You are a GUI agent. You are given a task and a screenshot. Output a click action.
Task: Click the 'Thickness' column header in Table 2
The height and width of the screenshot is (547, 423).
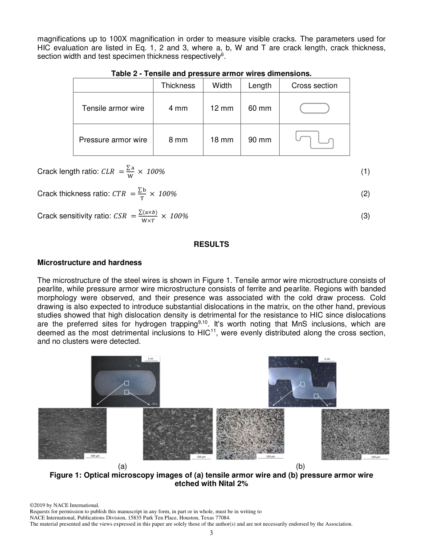pyautogui.click(x=178, y=85)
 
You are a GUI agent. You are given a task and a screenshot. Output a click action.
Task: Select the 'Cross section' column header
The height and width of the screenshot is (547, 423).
pyautogui.click(x=314, y=85)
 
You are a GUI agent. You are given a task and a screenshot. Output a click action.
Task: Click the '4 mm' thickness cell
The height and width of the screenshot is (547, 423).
pyautogui.click(x=178, y=108)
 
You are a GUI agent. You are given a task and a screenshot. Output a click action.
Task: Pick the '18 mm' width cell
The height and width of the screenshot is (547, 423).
pyautogui.click(x=222, y=140)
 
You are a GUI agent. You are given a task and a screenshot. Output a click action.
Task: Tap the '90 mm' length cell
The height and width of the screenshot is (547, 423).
pyautogui.click(x=260, y=140)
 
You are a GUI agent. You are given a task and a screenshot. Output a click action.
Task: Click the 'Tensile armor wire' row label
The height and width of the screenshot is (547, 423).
pyautogui.click(x=113, y=108)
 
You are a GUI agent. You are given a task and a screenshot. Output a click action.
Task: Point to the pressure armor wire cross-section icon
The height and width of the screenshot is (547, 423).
pyautogui.click(x=314, y=140)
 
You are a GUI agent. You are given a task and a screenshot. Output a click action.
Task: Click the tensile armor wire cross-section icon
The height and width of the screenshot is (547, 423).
pyautogui.click(x=314, y=108)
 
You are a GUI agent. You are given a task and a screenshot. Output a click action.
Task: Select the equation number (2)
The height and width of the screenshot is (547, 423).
pyautogui.click(x=365, y=194)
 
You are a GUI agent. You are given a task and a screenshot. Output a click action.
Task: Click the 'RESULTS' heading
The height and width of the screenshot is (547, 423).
pyautogui.click(x=211, y=244)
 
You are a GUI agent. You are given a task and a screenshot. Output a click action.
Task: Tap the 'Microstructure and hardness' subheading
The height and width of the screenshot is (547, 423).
pyautogui.click(x=89, y=262)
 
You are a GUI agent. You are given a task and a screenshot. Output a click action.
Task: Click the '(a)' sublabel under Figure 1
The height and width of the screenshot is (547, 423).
pyautogui.click(x=122, y=466)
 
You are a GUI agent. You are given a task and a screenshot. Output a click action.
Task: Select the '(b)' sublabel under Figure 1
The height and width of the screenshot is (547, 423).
pyautogui.click(x=301, y=466)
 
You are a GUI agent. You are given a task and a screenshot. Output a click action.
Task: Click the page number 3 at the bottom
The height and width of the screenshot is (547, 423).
pyautogui.click(x=211, y=533)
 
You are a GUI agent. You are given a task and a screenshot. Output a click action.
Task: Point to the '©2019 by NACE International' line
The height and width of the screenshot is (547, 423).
pyautogui.click(x=64, y=505)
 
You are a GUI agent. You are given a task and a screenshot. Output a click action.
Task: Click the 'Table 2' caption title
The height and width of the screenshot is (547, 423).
pyautogui.click(x=211, y=73)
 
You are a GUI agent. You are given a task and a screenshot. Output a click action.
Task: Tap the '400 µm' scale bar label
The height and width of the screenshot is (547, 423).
pyautogui.click(x=95, y=456)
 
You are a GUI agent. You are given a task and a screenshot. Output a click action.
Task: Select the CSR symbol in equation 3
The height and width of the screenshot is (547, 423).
pyautogui.click(x=120, y=216)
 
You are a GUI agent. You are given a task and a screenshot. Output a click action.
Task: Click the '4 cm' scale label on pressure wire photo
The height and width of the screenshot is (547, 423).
pyautogui.click(x=327, y=358)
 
